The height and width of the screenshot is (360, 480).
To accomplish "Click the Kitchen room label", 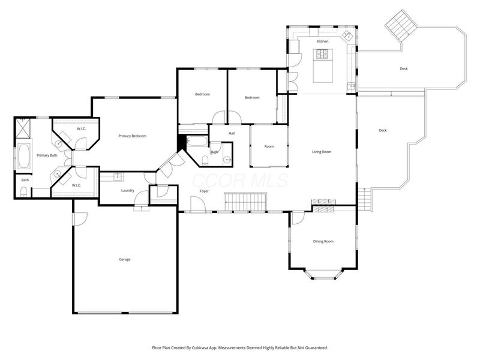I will point(322,41).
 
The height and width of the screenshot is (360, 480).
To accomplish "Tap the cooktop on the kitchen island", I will point(322,55).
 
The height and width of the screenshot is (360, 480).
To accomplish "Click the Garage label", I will point(124,259).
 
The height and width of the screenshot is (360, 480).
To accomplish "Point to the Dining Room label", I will point(323,241).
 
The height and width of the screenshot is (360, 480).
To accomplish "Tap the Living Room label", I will point(322,152).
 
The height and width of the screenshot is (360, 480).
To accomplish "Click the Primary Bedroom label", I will point(132,136).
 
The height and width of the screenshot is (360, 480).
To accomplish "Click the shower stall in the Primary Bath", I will point(24,128).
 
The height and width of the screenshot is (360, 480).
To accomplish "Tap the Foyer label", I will point(204,191).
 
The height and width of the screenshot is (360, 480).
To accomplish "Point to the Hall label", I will point(232,133).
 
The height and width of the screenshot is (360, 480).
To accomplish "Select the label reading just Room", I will point(269,146).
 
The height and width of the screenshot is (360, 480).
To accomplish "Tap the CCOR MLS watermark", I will point(240,180).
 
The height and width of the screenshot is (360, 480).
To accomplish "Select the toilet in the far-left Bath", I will point(23,192).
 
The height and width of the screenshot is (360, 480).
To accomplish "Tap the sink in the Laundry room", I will point(118,177).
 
